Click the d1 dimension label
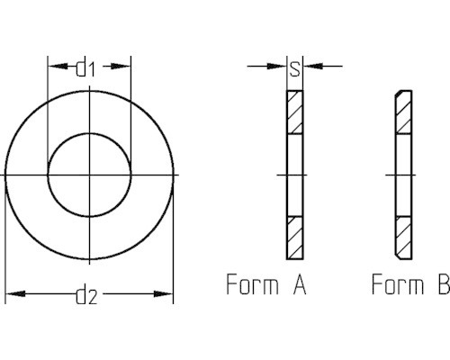[87, 67]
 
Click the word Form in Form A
[252, 286]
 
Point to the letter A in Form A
[299, 286]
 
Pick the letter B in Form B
[442, 286]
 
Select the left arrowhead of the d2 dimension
[13, 293]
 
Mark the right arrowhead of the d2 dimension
[166, 293]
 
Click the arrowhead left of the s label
[280, 66]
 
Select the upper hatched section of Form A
[295, 112]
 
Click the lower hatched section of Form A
[295, 235]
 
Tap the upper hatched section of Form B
[402, 112]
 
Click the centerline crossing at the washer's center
[90, 173]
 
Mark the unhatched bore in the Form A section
[295, 174]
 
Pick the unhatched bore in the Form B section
[402, 174]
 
